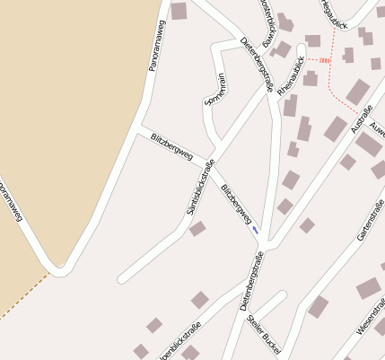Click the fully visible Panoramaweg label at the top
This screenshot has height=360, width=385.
(x=155, y=46)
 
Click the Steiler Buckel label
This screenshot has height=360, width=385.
(x=264, y=329)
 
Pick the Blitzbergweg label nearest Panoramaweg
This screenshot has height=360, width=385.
(x=171, y=147)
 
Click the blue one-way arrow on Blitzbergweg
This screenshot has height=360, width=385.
(x=256, y=229)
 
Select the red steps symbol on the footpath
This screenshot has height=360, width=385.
(x=324, y=60)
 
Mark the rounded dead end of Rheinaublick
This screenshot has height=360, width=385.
(x=302, y=50)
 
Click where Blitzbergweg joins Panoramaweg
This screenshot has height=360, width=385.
(x=137, y=131)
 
